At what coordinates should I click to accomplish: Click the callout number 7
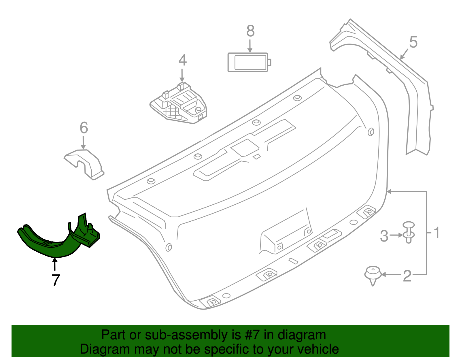tap(56, 280)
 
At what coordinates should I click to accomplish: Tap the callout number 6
tap(84, 128)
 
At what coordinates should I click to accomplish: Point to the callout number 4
tap(182, 60)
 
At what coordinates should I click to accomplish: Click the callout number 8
tap(250, 31)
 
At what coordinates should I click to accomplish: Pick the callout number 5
tap(413, 42)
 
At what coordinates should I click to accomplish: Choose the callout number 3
tap(384, 236)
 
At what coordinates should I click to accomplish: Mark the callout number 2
tap(407, 276)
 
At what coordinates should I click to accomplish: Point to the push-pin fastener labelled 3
tap(409, 232)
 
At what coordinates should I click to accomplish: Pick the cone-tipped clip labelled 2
tap(373, 275)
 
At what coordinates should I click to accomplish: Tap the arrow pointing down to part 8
tap(250, 46)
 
